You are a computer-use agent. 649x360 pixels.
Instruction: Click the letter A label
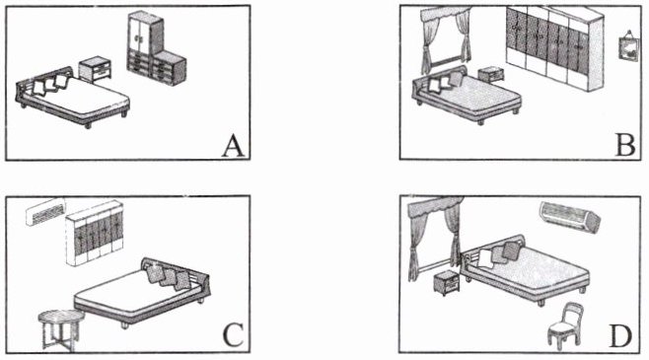234,147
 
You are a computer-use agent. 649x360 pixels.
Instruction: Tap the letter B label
625,145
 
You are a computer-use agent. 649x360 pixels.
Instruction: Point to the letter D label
620,336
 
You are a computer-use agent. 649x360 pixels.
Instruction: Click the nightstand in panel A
96,69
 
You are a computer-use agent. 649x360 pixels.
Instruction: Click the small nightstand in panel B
491,75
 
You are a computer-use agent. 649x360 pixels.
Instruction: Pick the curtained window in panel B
446,40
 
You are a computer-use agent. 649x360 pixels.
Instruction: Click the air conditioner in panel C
45,211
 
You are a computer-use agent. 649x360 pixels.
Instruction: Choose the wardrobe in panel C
95,233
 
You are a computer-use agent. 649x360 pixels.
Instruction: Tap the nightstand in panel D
447,282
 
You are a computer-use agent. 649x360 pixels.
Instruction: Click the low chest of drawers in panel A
169,68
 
